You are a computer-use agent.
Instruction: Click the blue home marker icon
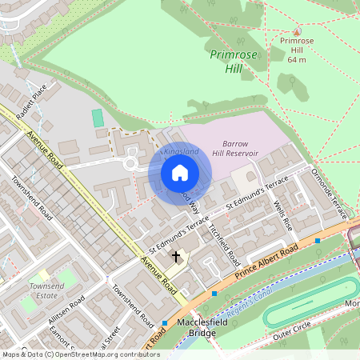click(180, 173)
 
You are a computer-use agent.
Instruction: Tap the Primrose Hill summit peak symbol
click(296, 30)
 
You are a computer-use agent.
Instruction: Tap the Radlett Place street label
click(34, 98)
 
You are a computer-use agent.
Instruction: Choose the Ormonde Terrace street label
click(330, 195)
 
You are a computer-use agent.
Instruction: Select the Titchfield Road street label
click(224, 243)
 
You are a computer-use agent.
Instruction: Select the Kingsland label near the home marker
click(181, 151)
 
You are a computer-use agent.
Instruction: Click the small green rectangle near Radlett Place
click(98, 118)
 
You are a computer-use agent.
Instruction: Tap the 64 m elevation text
click(297, 59)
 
